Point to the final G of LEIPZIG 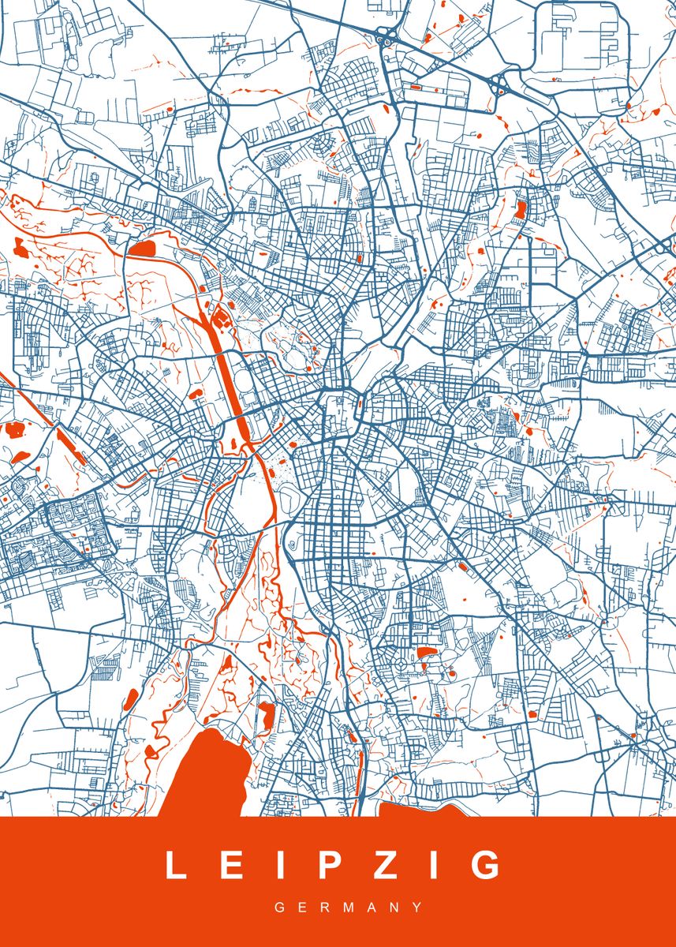tap(484, 865)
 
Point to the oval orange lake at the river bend tap(142, 249)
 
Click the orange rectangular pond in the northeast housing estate tap(521, 210)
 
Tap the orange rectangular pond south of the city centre tap(427, 652)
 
